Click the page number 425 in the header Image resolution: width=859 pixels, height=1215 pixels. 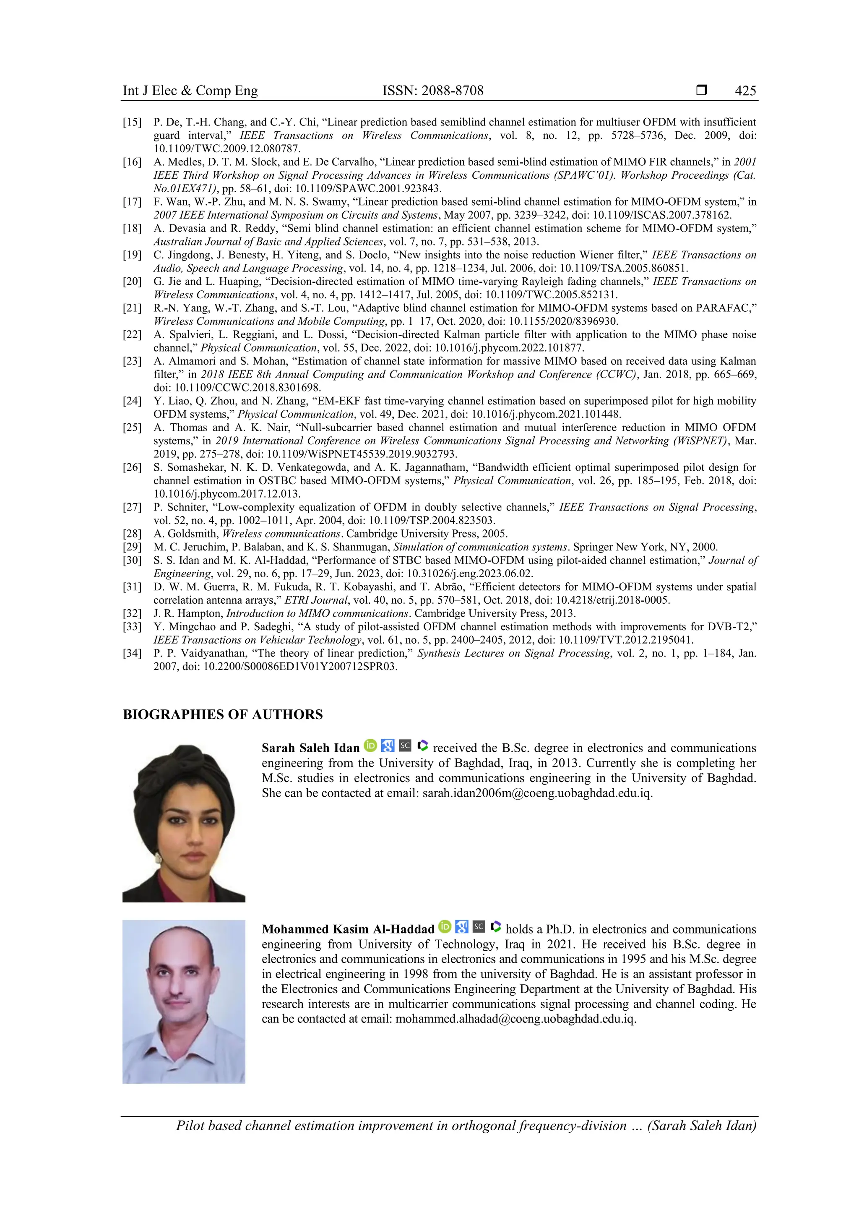coord(745,91)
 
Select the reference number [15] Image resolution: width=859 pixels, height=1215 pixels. coord(132,122)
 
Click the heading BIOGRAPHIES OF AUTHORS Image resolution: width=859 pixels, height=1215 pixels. coord(223,714)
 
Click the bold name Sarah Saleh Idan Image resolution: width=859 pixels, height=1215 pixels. coord(310,748)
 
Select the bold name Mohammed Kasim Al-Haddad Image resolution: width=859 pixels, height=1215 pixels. coord(348,929)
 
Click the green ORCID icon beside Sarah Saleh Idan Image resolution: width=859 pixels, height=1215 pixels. coord(370,746)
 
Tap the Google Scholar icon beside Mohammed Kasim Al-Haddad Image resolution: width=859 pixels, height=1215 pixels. coord(462,927)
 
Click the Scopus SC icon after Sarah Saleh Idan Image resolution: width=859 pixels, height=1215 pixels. coord(405,746)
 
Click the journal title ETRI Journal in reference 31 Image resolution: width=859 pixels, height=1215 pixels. coord(316,600)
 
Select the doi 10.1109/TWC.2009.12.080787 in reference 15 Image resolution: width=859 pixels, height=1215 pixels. coord(227,149)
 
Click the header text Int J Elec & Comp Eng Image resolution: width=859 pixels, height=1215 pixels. coord(190,91)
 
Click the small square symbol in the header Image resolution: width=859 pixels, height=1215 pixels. coord(701,91)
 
